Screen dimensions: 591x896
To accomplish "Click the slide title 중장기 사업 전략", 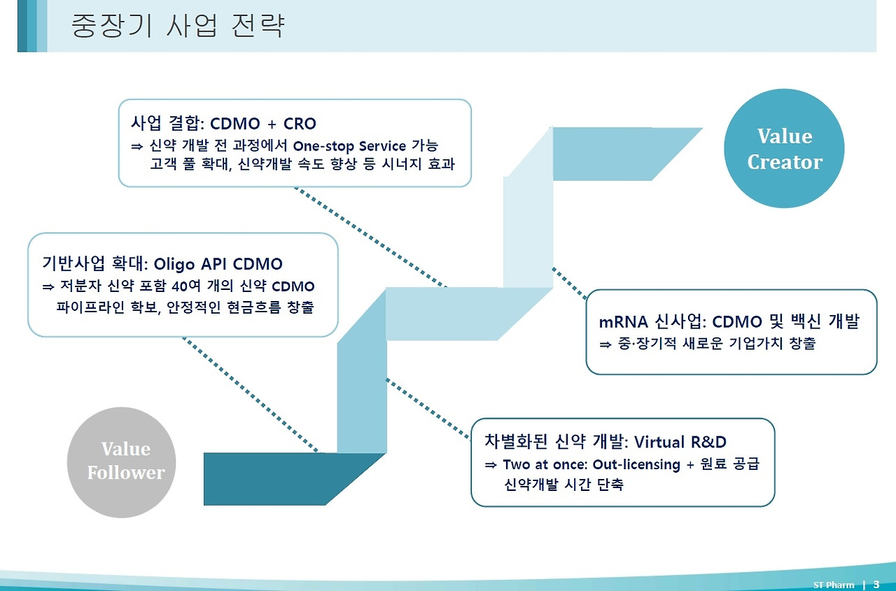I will click(178, 26).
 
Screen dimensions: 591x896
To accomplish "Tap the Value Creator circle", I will click(784, 148).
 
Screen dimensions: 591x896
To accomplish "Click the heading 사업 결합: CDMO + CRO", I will click(223, 124).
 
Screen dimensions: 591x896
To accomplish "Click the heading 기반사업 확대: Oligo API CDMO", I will click(162, 264).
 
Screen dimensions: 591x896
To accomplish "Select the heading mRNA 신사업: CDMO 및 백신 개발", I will click(728, 322).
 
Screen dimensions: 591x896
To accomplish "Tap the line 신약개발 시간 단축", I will click(563, 485).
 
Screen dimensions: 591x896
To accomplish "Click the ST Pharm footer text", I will click(834, 585).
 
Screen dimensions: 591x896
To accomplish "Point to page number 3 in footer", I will click(876, 585).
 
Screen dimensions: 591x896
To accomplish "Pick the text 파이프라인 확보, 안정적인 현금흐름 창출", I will click(185, 307).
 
